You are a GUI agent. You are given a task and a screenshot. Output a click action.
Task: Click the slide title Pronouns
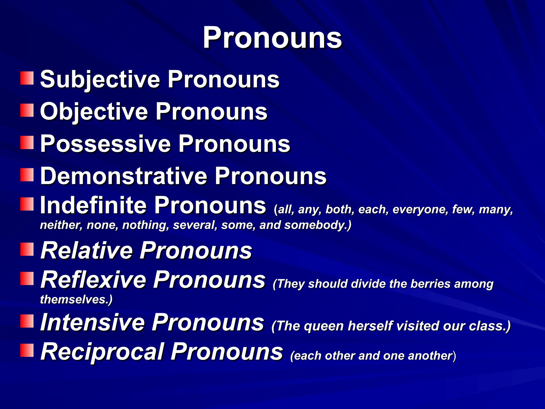[x=272, y=38]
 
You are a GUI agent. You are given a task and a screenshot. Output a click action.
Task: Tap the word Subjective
[x=100, y=79]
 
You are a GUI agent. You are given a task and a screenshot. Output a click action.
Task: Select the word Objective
[x=94, y=112]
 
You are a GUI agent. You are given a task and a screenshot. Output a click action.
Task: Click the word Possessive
[x=105, y=144]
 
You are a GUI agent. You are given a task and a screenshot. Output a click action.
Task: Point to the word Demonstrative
[x=123, y=176]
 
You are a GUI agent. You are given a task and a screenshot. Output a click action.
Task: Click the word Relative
[x=86, y=250]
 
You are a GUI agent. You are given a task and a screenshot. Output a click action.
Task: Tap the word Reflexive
[x=93, y=280]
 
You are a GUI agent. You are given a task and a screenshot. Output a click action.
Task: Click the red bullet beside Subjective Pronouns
[x=27, y=78]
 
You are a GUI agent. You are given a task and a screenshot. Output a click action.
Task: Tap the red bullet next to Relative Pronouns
[x=27, y=249]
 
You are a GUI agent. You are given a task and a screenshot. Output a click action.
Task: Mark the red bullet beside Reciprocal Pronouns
[x=27, y=350]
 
